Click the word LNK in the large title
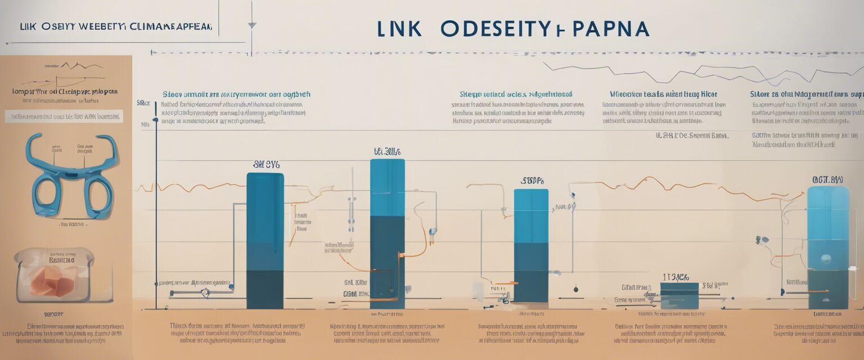[400, 29]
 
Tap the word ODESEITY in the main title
[495, 29]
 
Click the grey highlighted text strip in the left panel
[64, 117]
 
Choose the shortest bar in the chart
[679, 295]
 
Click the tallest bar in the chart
[387, 233]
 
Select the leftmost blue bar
[265, 241]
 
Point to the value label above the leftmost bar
[266, 165]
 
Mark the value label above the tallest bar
[387, 152]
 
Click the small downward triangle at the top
[252, 25]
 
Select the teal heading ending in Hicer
[663, 94]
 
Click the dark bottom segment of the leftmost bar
[265, 289]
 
